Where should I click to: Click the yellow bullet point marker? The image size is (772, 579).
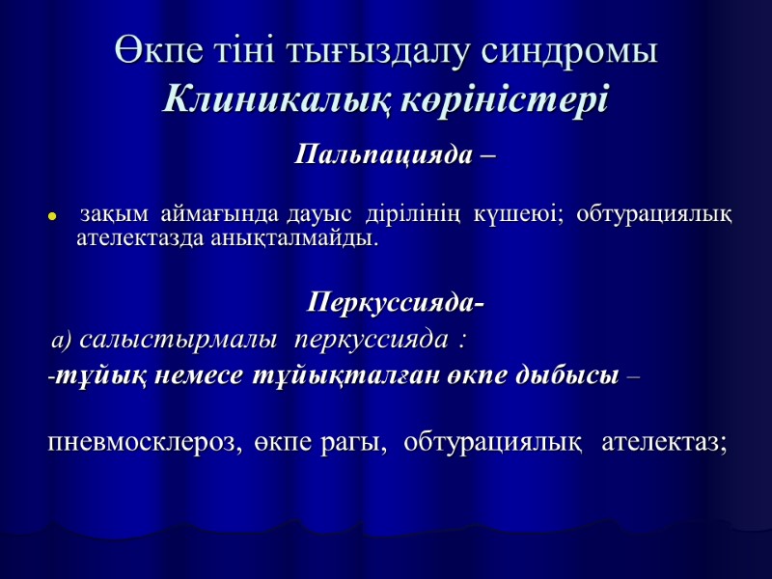coord(53,216)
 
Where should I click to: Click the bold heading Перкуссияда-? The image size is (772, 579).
coord(395,305)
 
